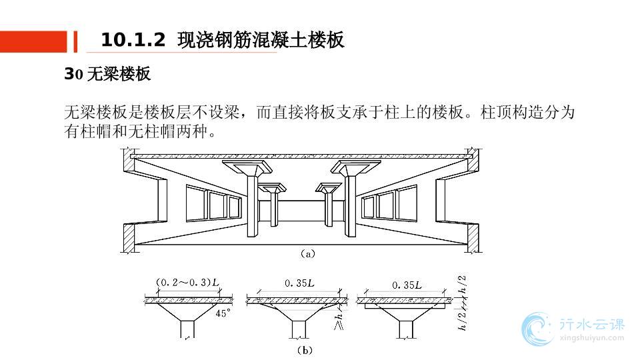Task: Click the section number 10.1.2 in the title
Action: pos(133,41)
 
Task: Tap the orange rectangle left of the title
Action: pos(34,41)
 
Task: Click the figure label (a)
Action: pos(306,253)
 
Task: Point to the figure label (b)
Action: pos(304,349)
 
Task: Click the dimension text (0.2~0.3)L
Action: pos(187,283)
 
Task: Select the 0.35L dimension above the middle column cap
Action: pos(299,283)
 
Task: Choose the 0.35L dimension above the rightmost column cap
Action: pos(407,285)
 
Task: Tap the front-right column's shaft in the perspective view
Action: pos(352,207)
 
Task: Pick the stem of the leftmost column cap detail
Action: pos(187,329)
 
